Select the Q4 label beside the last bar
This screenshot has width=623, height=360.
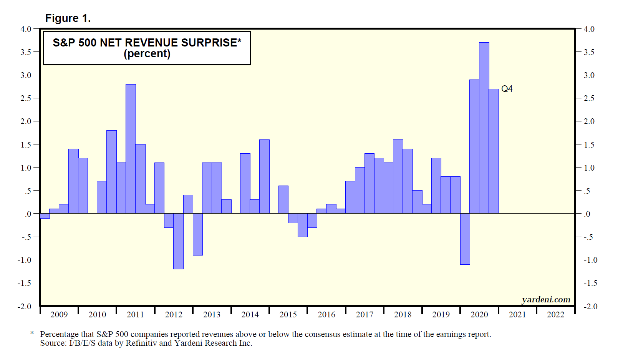pyautogui.click(x=507, y=89)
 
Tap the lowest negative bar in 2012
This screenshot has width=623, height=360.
pyautogui.click(x=178, y=241)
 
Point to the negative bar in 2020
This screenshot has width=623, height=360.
pyautogui.click(x=465, y=239)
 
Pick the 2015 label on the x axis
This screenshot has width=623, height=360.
pyautogui.click(x=288, y=315)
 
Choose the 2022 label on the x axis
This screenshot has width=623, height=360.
pyautogui.click(x=555, y=315)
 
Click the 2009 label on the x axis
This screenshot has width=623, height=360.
pyautogui.click(x=59, y=315)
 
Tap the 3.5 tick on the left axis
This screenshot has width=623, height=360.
pyautogui.click(x=26, y=52)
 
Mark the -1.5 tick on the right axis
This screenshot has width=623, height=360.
pyautogui.click(x=590, y=283)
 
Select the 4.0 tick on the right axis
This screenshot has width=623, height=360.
pyautogui.click(x=589, y=29)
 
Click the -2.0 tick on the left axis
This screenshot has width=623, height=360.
pyautogui.click(x=25, y=307)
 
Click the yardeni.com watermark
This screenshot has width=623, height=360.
pyautogui.click(x=546, y=300)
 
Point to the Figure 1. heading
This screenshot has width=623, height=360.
pyautogui.click(x=68, y=18)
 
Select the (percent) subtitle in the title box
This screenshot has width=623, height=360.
pyautogui.click(x=147, y=54)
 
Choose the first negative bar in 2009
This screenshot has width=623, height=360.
pyautogui.click(x=45, y=216)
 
